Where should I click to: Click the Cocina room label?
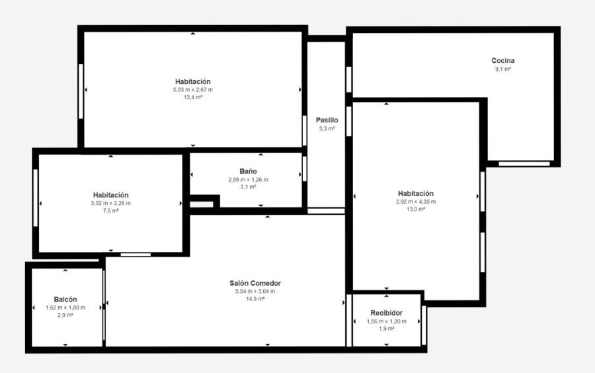(x=503, y=60)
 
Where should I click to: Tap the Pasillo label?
(x=327, y=120)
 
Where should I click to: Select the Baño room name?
(x=248, y=171)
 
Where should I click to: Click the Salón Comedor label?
(x=255, y=283)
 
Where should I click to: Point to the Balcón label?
(x=65, y=300)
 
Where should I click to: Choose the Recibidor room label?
(x=386, y=313)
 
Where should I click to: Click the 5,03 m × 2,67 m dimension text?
(x=193, y=90)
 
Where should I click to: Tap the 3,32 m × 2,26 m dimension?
(x=111, y=203)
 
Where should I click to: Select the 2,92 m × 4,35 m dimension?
(x=416, y=202)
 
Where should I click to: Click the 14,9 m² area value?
(x=255, y=299)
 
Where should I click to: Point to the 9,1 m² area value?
(x=503, y=69)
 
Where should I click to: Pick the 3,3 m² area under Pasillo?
(x=327, y=129)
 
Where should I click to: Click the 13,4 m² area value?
(x=193, y=97)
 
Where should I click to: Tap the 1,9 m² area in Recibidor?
(x=386, y=329)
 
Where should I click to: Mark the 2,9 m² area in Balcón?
(x=65, y=315)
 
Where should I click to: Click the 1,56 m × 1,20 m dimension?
(x=386, y=321)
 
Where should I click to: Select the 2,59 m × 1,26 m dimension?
(x=248, y=179)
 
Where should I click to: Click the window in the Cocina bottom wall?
(x=524, y=164)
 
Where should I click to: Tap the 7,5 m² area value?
(x=111, y=210)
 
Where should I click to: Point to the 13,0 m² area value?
(x=416, y=209)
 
